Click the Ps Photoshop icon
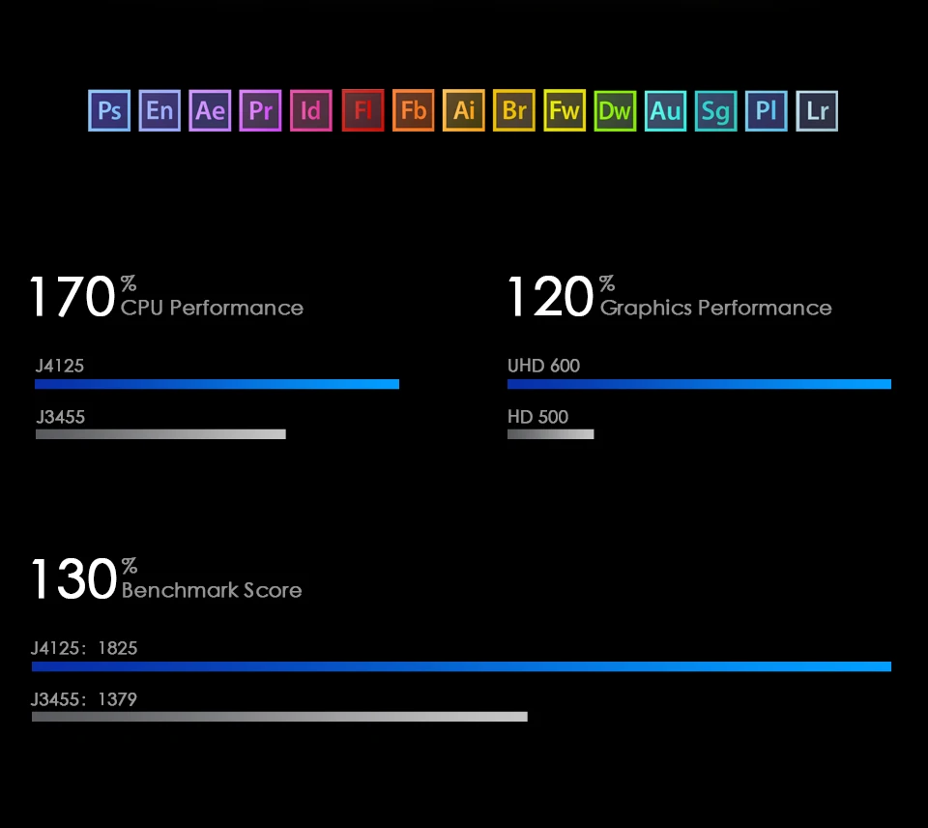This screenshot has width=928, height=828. pyautogui.click(x=109, y=110)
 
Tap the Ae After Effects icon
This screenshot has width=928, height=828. pyautogui.click(x=210, y=110)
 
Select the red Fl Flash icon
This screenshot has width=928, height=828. pyautogui.click(x=362, y=110)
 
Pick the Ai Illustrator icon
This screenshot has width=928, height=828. pyautogui.click(x=464, y=110)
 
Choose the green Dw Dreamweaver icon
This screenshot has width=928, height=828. pyautogui.click(x=615, y=110)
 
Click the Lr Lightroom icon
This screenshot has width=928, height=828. pyautogui.click(x=817, y=110)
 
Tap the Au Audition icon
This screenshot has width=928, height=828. pyautogui.click(x=665, y=110)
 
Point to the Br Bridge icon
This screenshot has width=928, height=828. pyautogui.click(x=514, y=110)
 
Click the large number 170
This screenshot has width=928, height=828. pyautogui.click(x=72, y=297)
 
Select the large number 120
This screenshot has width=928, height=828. pyautogui.click(x=550, y=297)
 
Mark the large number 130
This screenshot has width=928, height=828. pyautogui.click(x=73, y=579)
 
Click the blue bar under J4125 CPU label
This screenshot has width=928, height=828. pyautogui.click(x=217, y=384)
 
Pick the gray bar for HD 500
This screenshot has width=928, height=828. pyautogui.click(x=550, y=434)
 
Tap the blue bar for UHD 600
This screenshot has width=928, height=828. pyautogui.click(x=699, y=384)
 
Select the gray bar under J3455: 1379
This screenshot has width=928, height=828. pyautogui.click(x=279, y=717)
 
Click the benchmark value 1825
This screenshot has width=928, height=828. pyautogui.click(x=118, y=648)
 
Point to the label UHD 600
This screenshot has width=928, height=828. pyautogui.click(x=543, y=366)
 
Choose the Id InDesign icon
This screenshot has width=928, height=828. pyautogui.click(x=311, y=110)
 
